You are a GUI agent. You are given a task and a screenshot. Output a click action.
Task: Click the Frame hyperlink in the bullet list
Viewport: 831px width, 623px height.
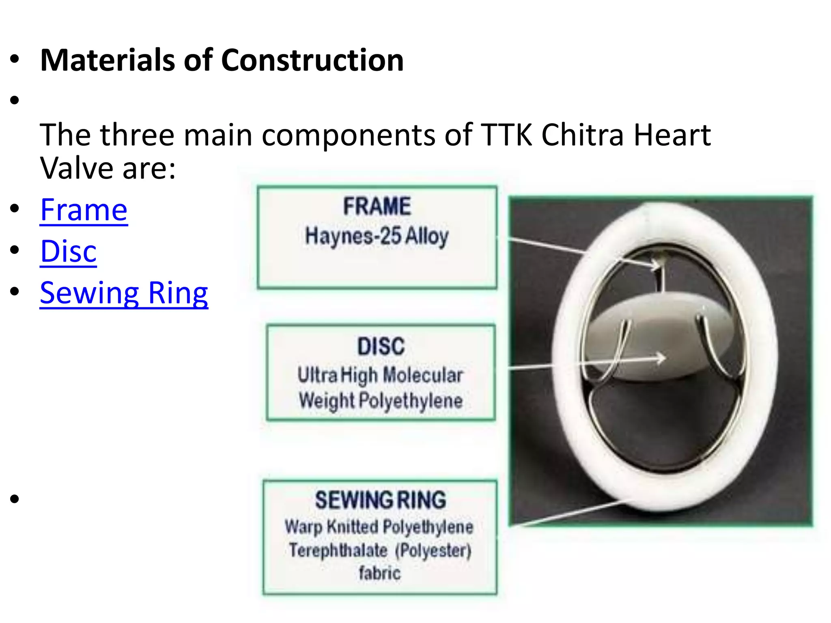(84, 210)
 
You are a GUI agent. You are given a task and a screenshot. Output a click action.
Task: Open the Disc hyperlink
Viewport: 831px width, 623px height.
(68, 251)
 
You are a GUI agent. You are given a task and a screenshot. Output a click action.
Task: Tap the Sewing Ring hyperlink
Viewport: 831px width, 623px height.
(124, 293)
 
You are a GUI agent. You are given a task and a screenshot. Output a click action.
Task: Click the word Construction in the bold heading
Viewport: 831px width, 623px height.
(312, 60)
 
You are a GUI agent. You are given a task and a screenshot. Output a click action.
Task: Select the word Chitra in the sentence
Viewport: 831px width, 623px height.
(582, 135)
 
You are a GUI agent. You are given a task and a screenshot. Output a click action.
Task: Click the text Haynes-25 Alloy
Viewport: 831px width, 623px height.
(377, 236)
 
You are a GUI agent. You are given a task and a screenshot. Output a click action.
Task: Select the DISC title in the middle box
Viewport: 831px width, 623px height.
(381, 346)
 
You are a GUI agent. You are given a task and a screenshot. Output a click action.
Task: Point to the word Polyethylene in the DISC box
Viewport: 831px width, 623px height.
(411, 401)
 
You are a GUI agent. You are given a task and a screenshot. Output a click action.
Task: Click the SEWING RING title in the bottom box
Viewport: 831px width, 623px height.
(381, 500)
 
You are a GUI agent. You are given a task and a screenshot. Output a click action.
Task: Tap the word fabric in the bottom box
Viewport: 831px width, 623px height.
(380, 573)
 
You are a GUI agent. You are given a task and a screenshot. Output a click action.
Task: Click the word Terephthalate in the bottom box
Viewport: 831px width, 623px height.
(338, 550)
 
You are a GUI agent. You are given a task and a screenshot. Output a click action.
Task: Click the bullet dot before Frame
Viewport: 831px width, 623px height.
(15, 208)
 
